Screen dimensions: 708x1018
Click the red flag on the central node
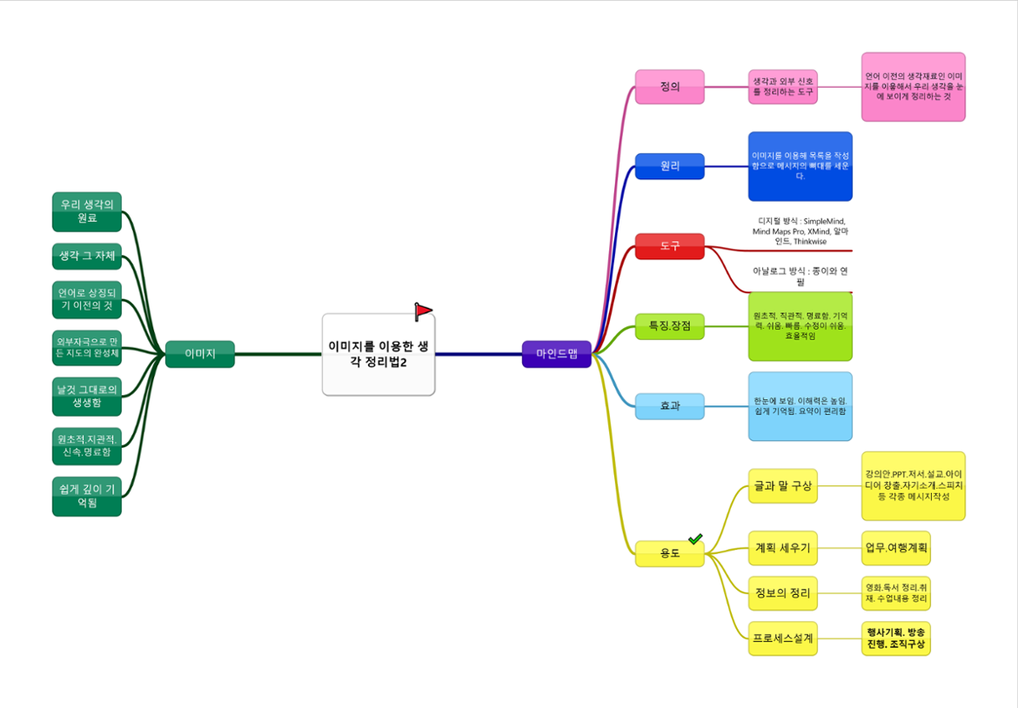click(x=423, y=311)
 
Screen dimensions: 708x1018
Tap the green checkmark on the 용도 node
click(x=695, y=540)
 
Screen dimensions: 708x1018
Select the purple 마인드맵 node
click(x=557, y=354)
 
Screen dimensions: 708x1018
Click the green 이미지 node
click(x=200, y=354)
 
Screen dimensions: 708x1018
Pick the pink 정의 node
click(x=669, y=87)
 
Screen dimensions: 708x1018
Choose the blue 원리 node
click(x=669, y=166)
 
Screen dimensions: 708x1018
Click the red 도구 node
click(x=669, y=246)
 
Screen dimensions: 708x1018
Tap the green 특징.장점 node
click(x=669, y=326)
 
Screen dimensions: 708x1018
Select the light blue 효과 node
click(x=669, y=406)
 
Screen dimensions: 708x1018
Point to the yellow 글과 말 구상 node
click(x=783, y=485)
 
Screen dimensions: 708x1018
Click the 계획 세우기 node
click(x=783, y=548)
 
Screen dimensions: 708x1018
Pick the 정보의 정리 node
click(x=783, y=593)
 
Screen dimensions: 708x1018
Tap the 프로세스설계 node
click(x=783, y=638)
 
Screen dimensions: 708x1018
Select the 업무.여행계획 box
click(x=896, y=548)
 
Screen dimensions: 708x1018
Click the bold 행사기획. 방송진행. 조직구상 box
click(x=896, y=638)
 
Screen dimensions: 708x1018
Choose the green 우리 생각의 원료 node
click(x=87, y=211)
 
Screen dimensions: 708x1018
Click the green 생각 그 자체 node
click(x=87, y=256)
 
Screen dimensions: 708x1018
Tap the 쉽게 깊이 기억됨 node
click(x=87, y=497)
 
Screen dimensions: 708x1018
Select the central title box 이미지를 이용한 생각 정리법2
click(x=378, y=355)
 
